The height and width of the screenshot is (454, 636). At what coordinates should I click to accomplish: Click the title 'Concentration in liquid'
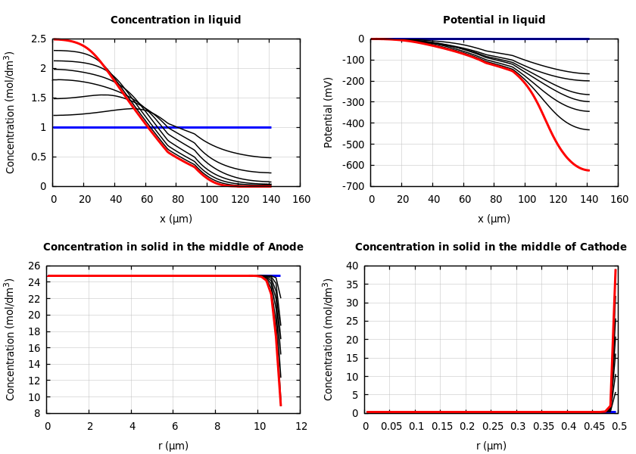[x=176, y=20]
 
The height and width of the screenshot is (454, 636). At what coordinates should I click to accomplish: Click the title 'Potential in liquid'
[x=494, y=20]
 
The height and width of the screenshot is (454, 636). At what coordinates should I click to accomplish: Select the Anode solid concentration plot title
[x=173, y=247]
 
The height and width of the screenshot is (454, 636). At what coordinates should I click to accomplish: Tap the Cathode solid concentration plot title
[x=491, y=247]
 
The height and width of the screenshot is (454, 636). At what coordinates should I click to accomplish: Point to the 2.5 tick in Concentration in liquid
[x=39, y=39]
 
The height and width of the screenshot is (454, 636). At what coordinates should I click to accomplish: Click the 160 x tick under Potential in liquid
[x=619, y=199]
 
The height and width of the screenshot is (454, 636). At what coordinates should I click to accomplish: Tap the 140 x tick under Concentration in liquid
[x=270, y=199]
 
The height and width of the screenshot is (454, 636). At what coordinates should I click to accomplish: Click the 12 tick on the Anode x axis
[x=301, y=427]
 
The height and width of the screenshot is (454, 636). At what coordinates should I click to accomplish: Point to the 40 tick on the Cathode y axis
[x=352, y=266]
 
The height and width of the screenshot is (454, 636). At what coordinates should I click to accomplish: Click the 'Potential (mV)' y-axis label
[x=329, y=112]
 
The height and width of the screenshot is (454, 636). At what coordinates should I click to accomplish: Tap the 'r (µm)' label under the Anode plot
[x=173, y=446]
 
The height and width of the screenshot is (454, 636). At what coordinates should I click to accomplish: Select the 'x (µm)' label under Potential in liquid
[x=494, y=219]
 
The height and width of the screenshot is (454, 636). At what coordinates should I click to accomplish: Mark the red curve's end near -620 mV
[x=588, y=170]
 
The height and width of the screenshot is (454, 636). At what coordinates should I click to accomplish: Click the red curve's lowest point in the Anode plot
[x=281, y=406]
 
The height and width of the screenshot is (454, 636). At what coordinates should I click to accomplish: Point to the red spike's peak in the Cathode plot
[x=616, y=270]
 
